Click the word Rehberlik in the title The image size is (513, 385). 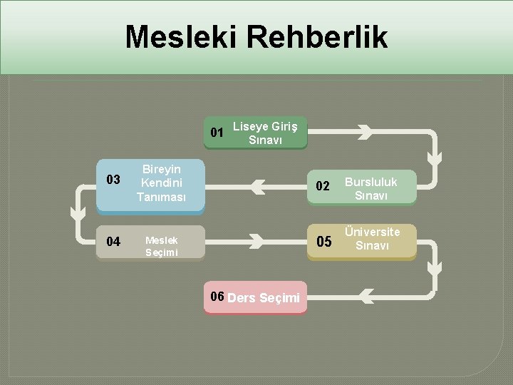tap(318, 37)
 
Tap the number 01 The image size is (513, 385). tap(217, 132)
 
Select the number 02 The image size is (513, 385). tap(323, 187)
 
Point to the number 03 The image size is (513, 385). tap(113, 179)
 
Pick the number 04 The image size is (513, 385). tap(113, 241)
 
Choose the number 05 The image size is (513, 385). tap(323, 242)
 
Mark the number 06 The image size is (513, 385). tap(217, 297)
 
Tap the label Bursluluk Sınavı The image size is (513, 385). tap(371, 188)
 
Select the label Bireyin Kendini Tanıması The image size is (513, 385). tap(161, 183)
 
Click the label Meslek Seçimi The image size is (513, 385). tap(162, 246)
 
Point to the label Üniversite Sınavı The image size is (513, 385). tap(372, 238)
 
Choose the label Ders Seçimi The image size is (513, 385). tap(264, 298)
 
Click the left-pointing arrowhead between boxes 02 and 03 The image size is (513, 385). tap(257, 188)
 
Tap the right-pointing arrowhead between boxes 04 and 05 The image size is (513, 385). tap(255, 242)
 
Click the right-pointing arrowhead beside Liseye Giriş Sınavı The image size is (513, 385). tap(364, 132)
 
